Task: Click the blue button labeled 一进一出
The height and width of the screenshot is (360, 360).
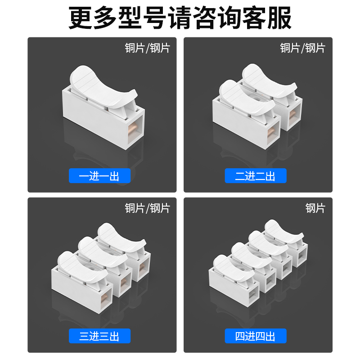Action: tap(99, 176)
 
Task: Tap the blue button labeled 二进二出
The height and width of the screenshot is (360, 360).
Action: tap(255, 176)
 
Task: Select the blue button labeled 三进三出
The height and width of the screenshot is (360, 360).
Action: tap(99, 336)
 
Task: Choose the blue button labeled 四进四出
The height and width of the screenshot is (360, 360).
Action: tap(255, 336)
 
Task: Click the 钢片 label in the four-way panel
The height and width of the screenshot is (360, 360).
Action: tap(315, 208)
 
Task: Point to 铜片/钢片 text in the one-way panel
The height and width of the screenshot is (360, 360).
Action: tap(147, 48)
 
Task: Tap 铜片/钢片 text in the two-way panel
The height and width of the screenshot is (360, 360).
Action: tap(302, 48)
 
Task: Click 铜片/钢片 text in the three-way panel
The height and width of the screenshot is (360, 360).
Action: tap(147, 208)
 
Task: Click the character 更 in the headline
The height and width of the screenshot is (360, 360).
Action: tap(80, 18)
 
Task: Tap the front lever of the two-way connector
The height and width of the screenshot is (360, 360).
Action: tap(245, 97)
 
